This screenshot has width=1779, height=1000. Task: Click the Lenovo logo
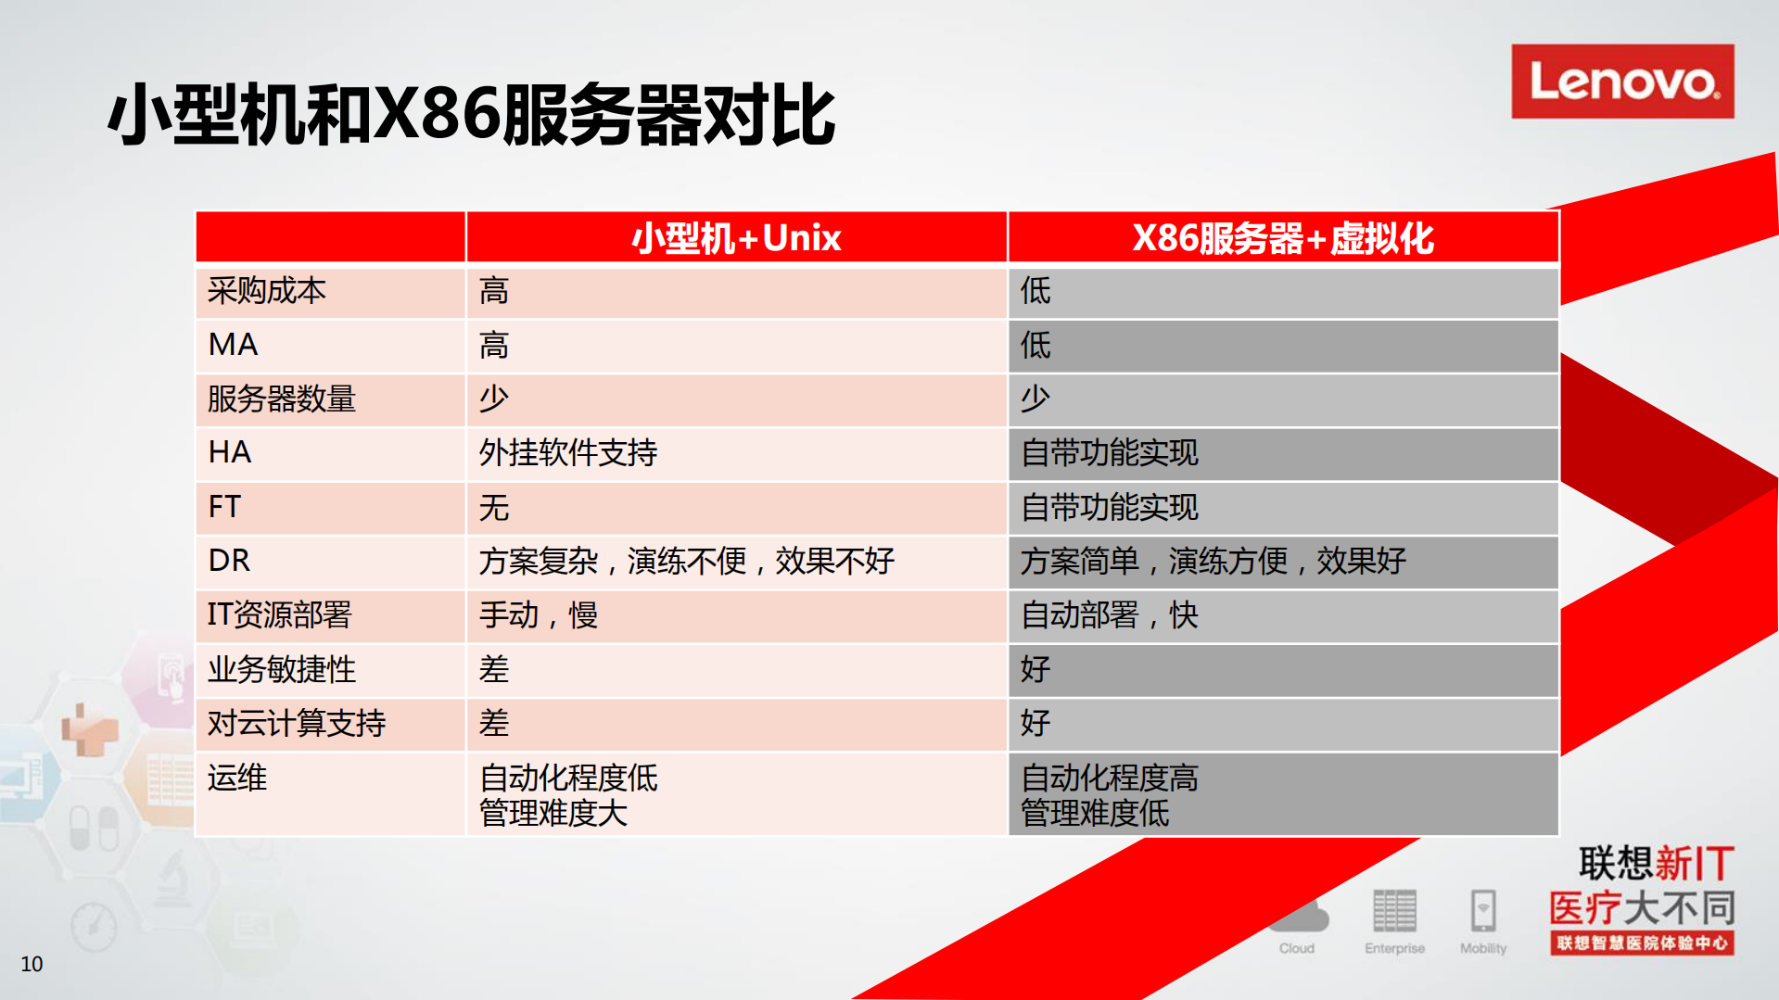(1621, 82)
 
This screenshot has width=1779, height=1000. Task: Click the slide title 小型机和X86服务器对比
(471, 115)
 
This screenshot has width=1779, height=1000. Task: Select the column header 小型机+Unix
(736, 238)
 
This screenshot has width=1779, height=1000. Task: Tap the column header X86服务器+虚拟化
(1283, 238)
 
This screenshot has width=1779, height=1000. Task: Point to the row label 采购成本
(267, 291)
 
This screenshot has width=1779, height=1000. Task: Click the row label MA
(234, 345)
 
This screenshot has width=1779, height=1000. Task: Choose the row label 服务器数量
(282, 399)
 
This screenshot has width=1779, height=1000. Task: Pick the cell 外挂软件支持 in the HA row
(568, 453)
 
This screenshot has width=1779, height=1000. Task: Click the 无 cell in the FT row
(494, 508)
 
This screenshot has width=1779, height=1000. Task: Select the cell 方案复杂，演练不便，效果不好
(687, 561)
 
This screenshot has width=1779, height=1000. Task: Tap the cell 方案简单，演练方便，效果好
(1214, 561)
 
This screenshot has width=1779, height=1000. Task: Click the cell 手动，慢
(539, 615)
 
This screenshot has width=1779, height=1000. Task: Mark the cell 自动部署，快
(1110, 615)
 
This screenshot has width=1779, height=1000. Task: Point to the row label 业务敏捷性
(282, 669)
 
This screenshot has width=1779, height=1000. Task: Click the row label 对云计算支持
(297, 723)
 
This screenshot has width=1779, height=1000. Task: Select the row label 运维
(237, 778)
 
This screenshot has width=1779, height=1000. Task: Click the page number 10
(32, 964)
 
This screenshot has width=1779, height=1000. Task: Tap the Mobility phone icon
(1483, 910)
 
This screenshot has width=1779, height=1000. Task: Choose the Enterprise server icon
(1394, 910)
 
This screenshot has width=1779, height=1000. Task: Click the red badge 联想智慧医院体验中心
(1642, 943)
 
